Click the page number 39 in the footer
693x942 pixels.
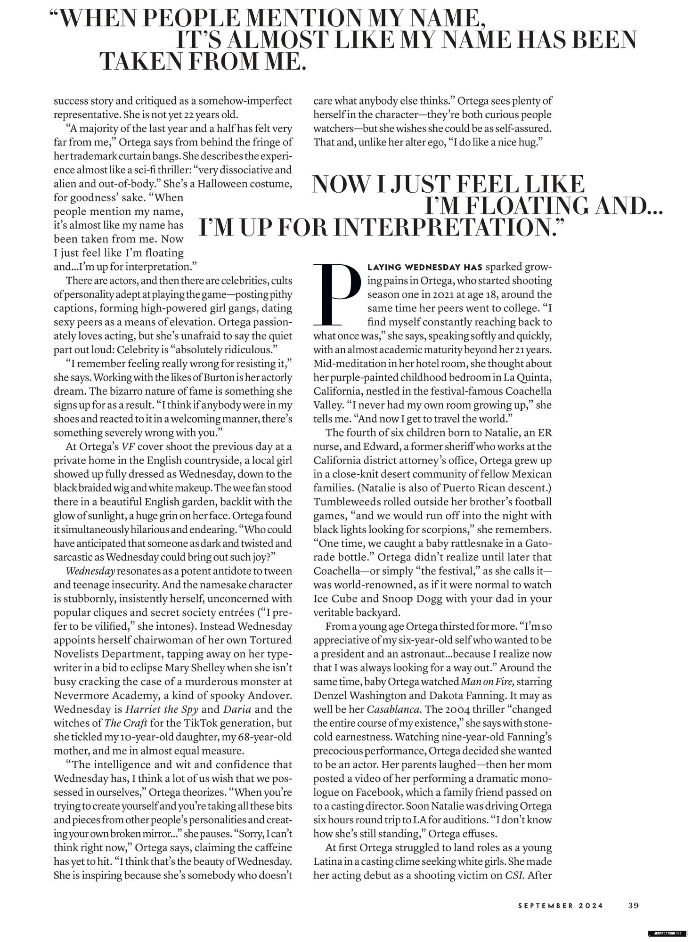(x=633, y=905)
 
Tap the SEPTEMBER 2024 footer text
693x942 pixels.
(x=560, y=906)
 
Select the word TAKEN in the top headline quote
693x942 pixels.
(x=140, y=61)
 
